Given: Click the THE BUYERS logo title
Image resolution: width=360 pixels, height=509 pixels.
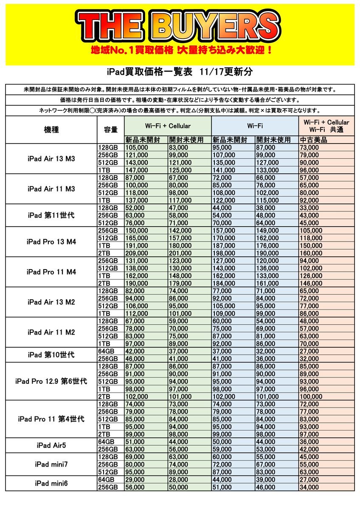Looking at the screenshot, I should pyautogui.click(x=180, y=26).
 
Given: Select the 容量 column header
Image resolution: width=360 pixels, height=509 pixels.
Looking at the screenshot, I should pyautogui.click(x=110, y=130).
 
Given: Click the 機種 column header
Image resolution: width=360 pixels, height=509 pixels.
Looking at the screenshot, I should pyautogui.click(x=51, y=130).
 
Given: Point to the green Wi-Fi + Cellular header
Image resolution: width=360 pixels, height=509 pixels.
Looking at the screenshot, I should pyautogui.click(x=168, y=126).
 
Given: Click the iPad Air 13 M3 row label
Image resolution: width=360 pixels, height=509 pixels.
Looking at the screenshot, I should pyautogui.click(x=51, y=159).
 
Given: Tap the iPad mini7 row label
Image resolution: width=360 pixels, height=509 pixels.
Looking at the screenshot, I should pyautogui.click(x=51, y=465).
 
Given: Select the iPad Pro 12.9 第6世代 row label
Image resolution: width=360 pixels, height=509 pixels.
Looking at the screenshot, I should pyautogui.click(x=51, y=381).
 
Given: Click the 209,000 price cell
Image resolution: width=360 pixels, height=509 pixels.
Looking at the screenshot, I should pyautogui.click(x=137, y=253).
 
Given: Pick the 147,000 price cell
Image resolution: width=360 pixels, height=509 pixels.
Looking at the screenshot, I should pyautogui.click(x=137, y=170).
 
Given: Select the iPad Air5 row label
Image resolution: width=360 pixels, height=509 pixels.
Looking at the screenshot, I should pyautogui.click(x=51, y=445).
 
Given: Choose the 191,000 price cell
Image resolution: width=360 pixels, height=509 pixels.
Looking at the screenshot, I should pyautogui.click(x=137, y=246).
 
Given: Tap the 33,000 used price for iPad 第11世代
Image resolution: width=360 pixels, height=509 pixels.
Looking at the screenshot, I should pyautogui.click(x=309, y=208).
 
